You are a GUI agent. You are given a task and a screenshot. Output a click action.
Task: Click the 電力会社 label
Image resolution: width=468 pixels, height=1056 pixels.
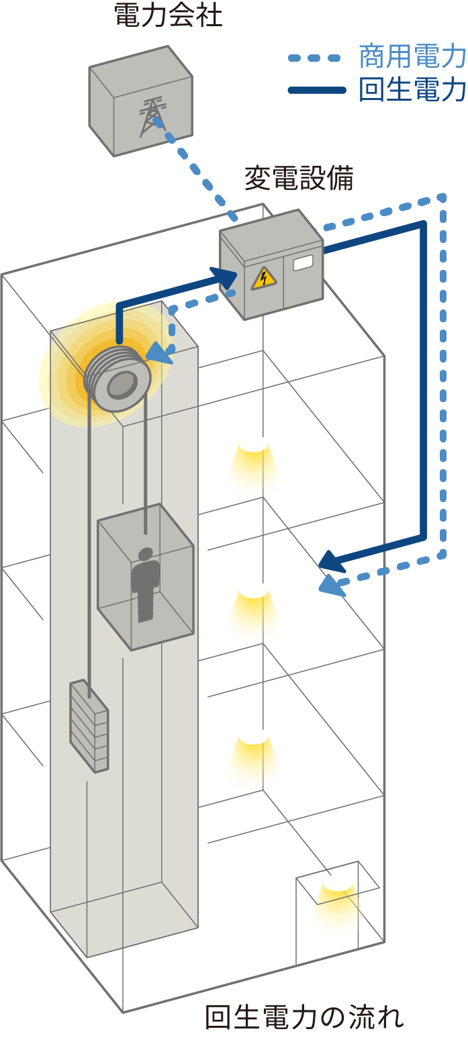(x=168, y=15)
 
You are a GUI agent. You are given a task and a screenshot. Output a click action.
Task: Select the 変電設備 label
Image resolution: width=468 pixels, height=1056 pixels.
(x=299, y=179)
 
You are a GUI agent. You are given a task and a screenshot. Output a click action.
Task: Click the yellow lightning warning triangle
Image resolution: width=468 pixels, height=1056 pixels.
(x=264, y=278)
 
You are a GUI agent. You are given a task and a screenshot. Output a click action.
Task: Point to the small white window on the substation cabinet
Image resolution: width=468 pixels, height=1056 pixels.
(x=303, y=262)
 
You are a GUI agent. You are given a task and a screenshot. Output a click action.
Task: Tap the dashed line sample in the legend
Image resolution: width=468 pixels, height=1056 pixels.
(x=314, y=58)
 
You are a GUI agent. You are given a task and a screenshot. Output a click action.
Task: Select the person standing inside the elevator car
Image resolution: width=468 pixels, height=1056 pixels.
(x=145, y=584)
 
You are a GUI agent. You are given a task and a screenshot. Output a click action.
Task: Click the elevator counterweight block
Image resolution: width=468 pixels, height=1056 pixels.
(x=89, y=725)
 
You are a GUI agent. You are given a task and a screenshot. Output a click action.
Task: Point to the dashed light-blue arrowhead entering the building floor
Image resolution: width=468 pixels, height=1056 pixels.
(x=330, y=585)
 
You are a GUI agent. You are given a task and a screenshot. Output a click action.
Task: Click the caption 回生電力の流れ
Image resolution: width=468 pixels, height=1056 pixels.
(x=304, y=1018)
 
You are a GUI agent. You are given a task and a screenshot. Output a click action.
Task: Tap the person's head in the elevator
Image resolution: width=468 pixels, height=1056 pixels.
(x=145, y=555)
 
